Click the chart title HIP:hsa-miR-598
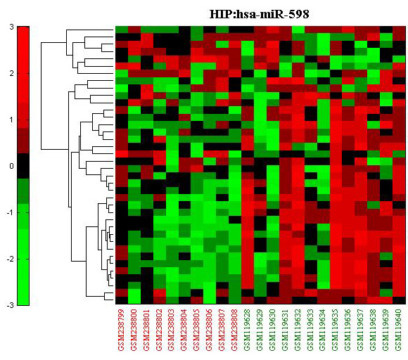point(259,14)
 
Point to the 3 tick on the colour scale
point(11,27)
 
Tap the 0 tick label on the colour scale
point(11,166)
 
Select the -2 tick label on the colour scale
point(10,259)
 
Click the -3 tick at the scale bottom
point(10,305)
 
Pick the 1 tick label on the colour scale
point(11,120)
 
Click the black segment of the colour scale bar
point(23,166)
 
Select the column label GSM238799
point(122,330)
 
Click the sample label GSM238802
point(160,330)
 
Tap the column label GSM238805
point(197,330)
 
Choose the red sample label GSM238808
point(235,330)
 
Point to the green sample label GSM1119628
point(248,330)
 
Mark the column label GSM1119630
point(273,330)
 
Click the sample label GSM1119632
point(298,330)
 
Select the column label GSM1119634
point(323,330)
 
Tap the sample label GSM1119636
point(348,330)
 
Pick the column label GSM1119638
point(374,330)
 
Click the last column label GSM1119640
point(399,330)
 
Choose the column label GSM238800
point(134,330)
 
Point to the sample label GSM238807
point(222,330)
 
